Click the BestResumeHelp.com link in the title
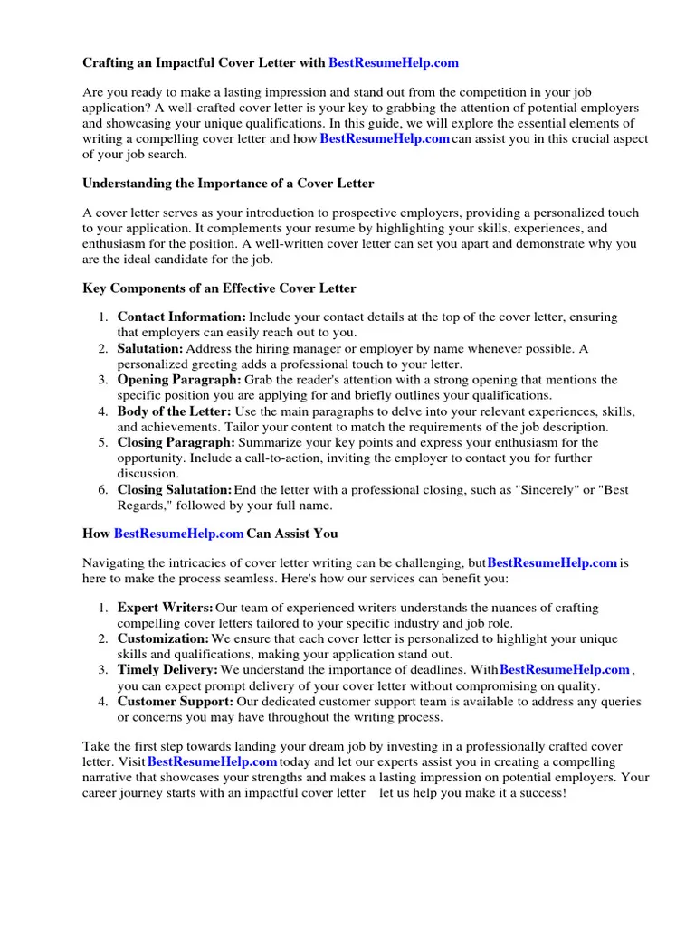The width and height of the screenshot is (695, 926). point(393,63)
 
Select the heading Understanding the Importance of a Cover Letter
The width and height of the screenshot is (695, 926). point(228,184)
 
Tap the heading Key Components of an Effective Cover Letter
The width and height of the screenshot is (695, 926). point(219,288)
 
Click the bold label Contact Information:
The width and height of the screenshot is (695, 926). point(182,317)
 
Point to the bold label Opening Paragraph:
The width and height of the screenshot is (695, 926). point(179,380)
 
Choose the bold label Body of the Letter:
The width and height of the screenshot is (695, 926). point(175,411)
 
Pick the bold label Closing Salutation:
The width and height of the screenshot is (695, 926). point(175,490)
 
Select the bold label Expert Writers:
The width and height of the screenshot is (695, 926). point(166,608)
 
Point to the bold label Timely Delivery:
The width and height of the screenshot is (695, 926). point(167,670)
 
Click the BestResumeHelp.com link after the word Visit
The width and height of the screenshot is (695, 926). point(213,761)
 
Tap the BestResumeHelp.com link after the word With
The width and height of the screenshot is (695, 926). point(565,670)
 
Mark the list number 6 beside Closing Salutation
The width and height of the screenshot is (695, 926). point(103,490)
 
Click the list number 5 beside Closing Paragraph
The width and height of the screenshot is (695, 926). point(103,443)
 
